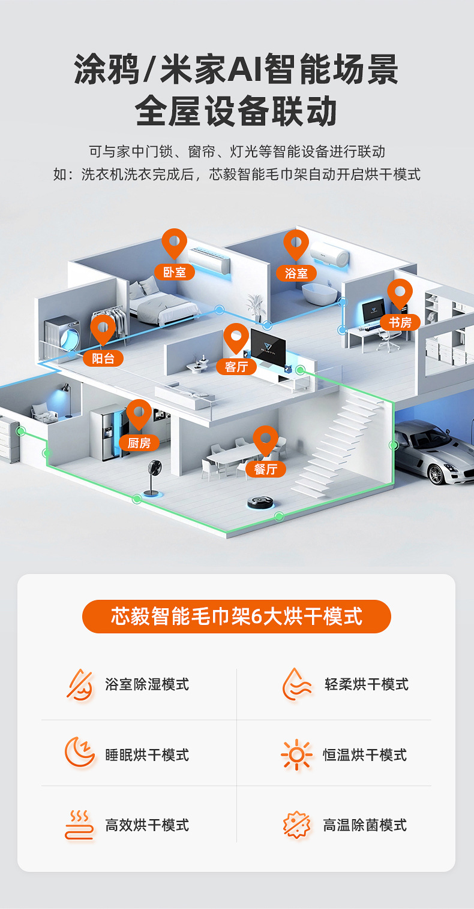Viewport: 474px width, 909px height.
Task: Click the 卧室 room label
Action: point(175,272)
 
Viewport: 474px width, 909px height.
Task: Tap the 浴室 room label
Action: point(296,273)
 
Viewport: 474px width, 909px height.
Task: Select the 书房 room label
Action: point(400,322)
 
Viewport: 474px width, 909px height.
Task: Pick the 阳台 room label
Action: point(103,358)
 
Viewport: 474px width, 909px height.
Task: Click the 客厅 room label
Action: point(236,366)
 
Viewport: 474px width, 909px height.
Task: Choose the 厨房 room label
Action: point(139,443)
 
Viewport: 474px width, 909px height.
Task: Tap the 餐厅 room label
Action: point(265,469)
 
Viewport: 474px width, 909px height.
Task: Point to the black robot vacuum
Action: point(262,502)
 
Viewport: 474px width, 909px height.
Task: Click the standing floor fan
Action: point(150,477)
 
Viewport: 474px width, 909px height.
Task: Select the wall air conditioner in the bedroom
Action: point(209,261)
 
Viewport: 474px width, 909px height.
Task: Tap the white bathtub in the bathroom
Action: point(320,294)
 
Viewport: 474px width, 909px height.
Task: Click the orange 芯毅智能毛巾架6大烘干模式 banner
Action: point(236,616)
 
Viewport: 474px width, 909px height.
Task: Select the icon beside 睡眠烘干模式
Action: point(80,753)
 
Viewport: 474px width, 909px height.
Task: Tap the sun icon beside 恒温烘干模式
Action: point(296,754)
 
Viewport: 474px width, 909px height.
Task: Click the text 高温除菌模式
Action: point(365,825)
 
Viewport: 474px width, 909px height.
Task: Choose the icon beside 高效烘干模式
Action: point(80,825)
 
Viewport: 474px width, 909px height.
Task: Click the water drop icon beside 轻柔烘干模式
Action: point(296,684)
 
